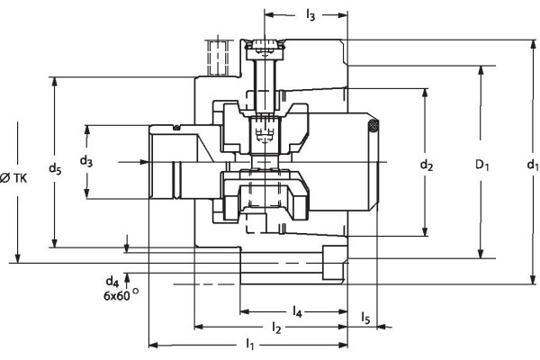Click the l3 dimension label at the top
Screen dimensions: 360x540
tap(310, 15)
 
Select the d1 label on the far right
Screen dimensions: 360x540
tap(532, 165)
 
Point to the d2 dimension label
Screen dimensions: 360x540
tap(427, 165)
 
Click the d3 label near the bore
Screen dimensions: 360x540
tap(85, 161)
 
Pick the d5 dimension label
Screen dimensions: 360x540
tap(56, 167)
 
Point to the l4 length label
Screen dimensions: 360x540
tap(298, 312)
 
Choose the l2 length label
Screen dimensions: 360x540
tap(278, 328)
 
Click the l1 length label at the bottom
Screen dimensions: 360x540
tap(250, 345)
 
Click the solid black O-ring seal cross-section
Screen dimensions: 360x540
tap(371, 127)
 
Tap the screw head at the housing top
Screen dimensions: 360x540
tap(265, 46)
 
